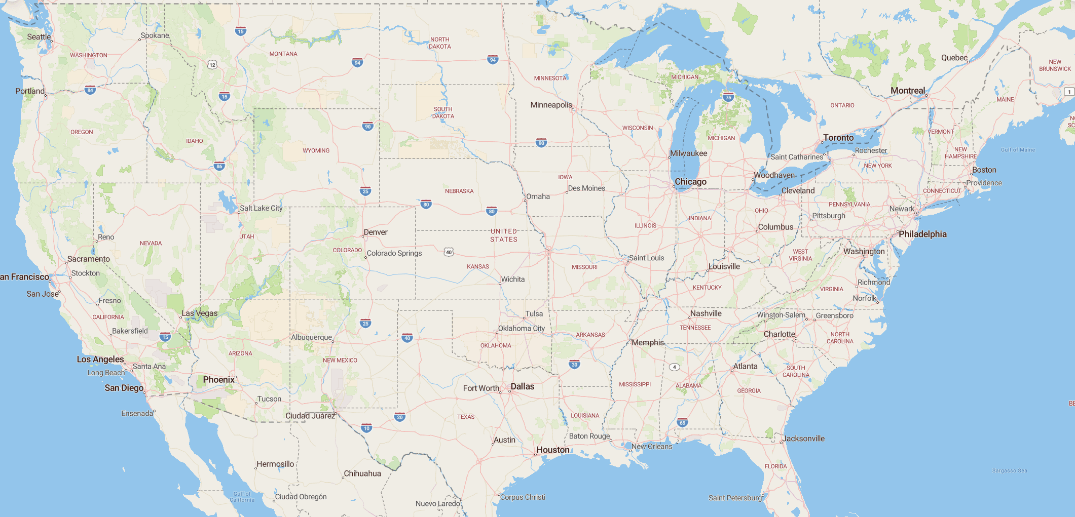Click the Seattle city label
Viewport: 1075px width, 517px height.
pyautogui.click(x=39, y=37)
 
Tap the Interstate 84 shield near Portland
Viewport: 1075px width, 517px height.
pyautogui.click(x=90, y=91)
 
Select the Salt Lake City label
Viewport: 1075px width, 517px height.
pyautogui.click(x=261, y=208)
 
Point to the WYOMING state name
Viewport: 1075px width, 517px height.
pyautogui.click(x=316, y=151)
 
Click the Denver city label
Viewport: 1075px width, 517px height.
pyautogui.click(x=376, y=232)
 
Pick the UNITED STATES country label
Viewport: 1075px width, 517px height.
pyautogui.click(x=504, y=235)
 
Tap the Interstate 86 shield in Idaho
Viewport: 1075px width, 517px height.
pyautogui.click(x=219, y=166)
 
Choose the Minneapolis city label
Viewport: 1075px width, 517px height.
pyautogui.click(x=551, y=105)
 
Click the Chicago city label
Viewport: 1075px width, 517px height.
pyautogui.click(x=690, y=182)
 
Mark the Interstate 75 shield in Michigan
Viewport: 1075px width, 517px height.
pyautogui.click(x=728, y=97)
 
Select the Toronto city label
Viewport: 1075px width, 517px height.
pyautogui.click(x=838, y=138)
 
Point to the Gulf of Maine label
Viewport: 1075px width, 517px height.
pyautogui.click(x=1018, y=150)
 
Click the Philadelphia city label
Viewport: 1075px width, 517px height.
pyautogui.click(x=922, y=234)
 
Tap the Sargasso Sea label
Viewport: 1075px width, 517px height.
pyautogui.click(x=1010, y=471)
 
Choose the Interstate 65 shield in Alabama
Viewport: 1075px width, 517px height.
pyautogui.click(x=683, y=423)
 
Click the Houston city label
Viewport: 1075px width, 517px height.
pyautogui.click(x=553, y=450)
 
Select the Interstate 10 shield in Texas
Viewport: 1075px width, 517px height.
pyautogui.click(x=366, y=428)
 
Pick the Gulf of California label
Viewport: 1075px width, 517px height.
pyautogui.click(x=242, y=497)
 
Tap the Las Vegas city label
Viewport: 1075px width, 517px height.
pyautogui.click(x=200, y=313)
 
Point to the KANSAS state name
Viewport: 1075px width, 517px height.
pyautogui.click(x=478, y=267)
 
